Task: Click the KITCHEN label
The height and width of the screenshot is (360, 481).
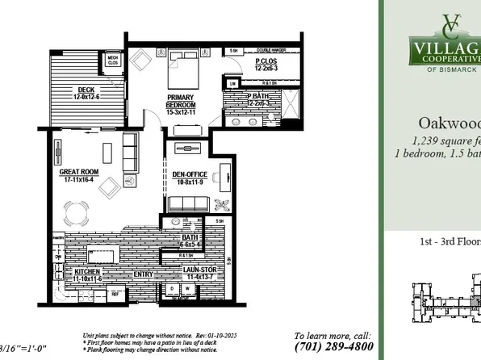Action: coord(87,273)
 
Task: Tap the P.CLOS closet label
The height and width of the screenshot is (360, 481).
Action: coord(266,61)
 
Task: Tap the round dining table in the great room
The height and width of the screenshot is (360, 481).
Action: coord(79,215)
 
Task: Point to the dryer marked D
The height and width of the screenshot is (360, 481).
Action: coord(172,290)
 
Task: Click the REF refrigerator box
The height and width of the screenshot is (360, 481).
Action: coord(115,295)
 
